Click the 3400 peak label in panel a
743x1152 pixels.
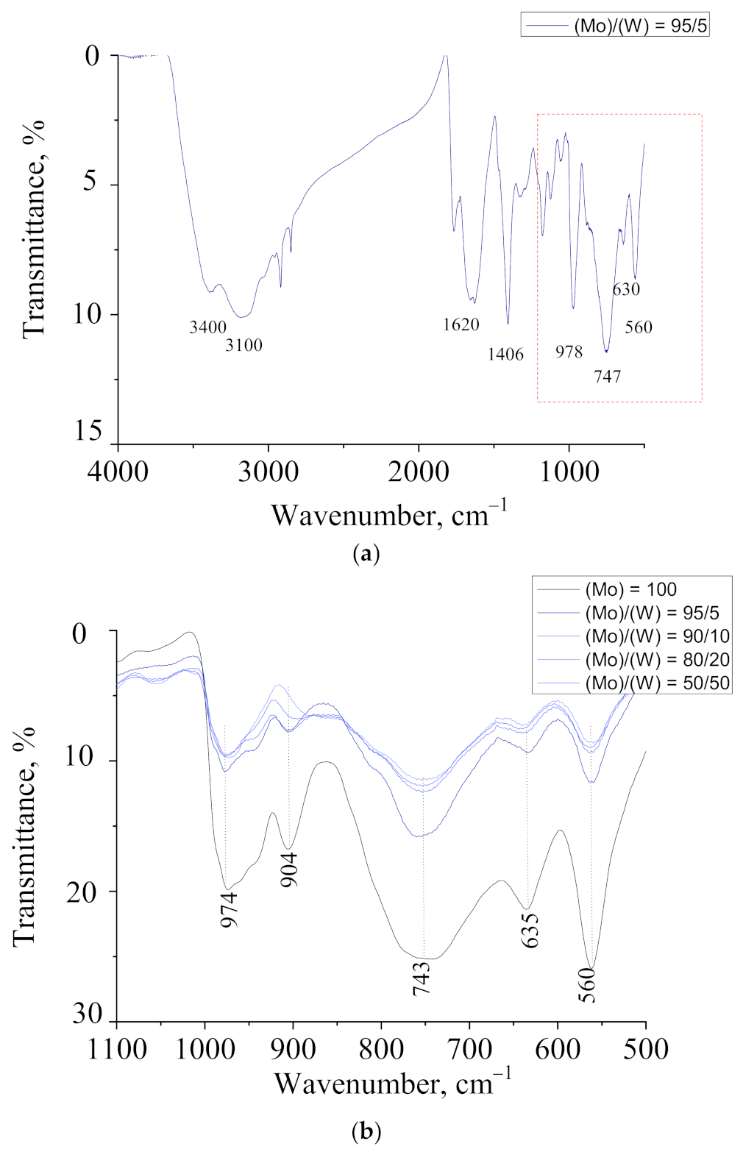[x=207, y=327]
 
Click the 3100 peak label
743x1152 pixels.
[x=243, y=345]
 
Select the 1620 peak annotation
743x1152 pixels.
[x=461, y=324]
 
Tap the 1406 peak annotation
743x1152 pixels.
[x=505, y=355]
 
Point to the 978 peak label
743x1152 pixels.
[x=569, y=352]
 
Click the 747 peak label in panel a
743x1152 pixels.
[x=608, y=377]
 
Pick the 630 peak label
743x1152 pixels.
[x=626, y=289]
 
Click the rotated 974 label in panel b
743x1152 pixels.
[x=230, y=909]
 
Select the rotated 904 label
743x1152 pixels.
[x=290, y=870]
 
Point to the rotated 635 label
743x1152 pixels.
[x=530, y=931]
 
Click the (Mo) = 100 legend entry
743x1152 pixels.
[x=630, y=589]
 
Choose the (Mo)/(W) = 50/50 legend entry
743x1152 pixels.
[x=657, y=683]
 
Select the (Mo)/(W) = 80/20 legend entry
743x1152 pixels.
[x=657, y=660]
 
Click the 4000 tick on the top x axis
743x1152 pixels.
[x=118, y=471]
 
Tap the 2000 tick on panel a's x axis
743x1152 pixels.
[x=419, y=471]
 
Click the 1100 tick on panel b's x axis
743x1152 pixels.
[x=118, y=1048]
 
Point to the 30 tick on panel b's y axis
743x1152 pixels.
[x=88, y=1015]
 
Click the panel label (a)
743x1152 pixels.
[x=366, y=553]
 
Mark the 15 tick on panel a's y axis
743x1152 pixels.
[x=88, y=431]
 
